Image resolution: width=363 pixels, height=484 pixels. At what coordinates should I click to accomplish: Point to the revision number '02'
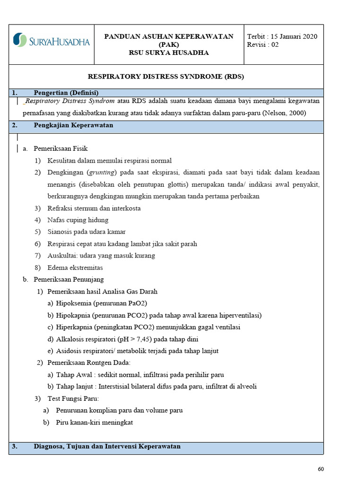tap(275, 45)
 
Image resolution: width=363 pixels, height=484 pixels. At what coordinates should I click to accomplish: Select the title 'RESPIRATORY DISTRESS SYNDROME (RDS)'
tap(166, 76)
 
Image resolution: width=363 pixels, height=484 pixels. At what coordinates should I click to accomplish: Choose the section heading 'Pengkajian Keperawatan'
tap(73, 125)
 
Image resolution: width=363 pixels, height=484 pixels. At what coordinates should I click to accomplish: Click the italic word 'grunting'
tap(102, 173)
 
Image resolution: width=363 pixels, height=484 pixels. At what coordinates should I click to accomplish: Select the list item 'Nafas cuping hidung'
tap(78, 220)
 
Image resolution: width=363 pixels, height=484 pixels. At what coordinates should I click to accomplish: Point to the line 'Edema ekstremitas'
tap(75, 268)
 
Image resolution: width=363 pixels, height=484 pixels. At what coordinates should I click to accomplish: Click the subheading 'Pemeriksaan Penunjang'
tap(69, 279)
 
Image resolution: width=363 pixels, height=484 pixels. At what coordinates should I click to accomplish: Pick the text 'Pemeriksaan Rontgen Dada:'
tap(89, 363)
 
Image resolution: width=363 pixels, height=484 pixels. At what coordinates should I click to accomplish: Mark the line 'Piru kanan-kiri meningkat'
tap(94, 422)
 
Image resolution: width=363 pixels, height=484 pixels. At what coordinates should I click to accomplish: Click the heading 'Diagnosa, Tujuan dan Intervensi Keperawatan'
tap(107, 446)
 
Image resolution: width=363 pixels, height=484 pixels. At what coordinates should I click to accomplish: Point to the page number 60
tap(321, 469)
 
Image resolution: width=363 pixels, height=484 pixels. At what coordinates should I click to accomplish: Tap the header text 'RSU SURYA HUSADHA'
tap(169, 52)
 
